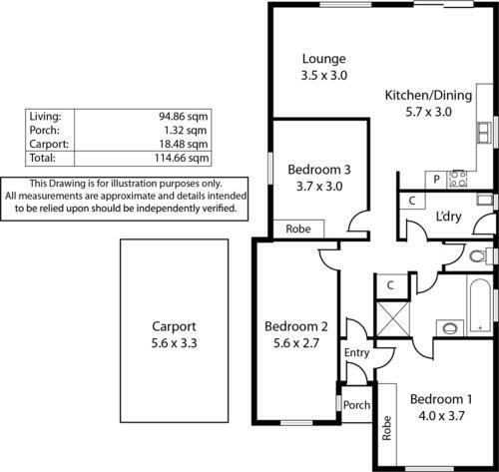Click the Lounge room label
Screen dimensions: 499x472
(x=324, y=59)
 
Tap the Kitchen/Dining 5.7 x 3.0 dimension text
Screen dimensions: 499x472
(x=428, y=112)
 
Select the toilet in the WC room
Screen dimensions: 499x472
(x=480, y=256)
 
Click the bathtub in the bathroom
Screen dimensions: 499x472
(x=480, y=306)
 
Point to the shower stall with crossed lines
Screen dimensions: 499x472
(x=392, y=319)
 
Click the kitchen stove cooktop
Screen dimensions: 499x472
(x=458, y=179)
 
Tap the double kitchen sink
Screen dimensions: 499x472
(x=484, y=133)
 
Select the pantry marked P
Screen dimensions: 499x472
(x=436, y=180)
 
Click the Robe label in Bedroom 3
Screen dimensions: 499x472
(x=298, y=229)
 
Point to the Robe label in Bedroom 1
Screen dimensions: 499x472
(x=386, y=428)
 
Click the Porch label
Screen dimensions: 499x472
(x=356, y=405)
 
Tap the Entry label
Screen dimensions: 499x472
(x=356, y=352)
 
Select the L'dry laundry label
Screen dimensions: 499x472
(x=448, y=217)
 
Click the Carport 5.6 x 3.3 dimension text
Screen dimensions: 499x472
(x=174, y=343)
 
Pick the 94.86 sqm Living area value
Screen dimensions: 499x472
(x=183, y=117)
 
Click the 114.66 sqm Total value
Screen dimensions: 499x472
(x=182, y=158)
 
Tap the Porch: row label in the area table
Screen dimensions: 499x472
(x=45, y=130)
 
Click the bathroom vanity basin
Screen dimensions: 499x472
(x=450, y=328)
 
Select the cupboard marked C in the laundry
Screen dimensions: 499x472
(x=412, y=201)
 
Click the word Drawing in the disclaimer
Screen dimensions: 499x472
(x=67, y=184)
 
